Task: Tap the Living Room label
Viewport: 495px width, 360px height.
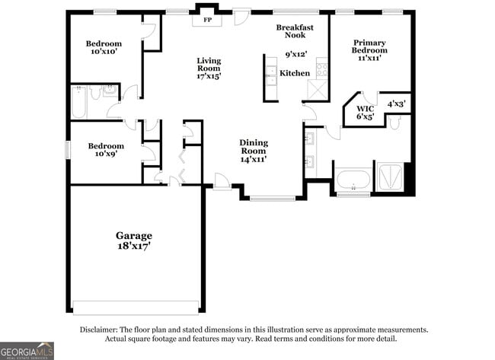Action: point(209,68)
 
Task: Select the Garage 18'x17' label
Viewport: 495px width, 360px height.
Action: point(134,241)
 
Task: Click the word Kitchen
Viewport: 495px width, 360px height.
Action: point(295,73)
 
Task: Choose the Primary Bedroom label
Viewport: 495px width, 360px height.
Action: point(369,50)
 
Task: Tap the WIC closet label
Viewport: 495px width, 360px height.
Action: point(365,113)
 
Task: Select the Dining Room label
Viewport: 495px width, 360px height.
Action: point(254,151)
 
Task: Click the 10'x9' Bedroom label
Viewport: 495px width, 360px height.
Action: point(106,151)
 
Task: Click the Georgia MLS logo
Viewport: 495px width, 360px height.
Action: point(27,350)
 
